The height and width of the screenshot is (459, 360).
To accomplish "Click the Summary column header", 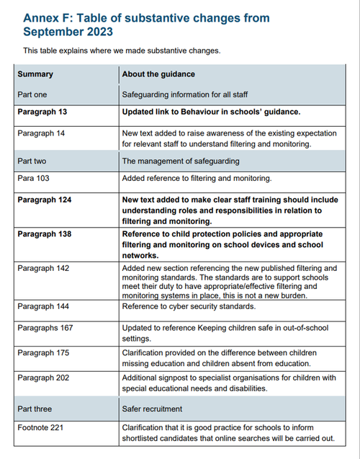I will click(x=35, y=73).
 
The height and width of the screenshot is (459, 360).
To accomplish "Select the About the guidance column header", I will click(x=158, y=73).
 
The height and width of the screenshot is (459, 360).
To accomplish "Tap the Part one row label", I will click(x=34, y=94).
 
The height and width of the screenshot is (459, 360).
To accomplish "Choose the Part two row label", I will click(x=34, y=161).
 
